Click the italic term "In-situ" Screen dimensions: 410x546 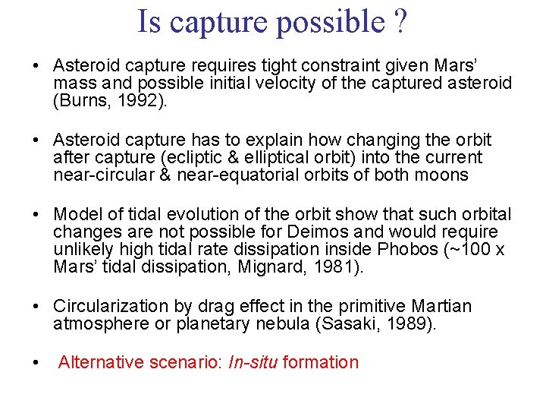click(253, 362)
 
